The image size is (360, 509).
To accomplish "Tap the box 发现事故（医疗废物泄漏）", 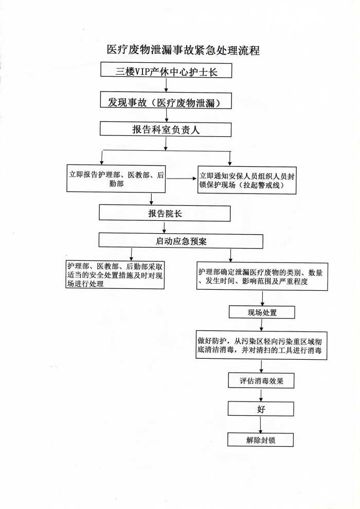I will [x=166, y=101].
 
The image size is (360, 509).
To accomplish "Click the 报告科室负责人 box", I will [x=166, y=129].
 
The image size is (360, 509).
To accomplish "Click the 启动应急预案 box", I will [x=181, y=241].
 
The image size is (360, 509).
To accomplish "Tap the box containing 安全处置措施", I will [x=115, y=274].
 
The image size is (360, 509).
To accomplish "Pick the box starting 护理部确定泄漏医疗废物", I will [x=262, y=276].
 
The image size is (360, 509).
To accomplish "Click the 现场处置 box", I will [x=262, y=312].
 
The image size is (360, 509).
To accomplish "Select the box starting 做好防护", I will [x=261, y=345].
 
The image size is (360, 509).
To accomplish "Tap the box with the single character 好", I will [x=261, y=409].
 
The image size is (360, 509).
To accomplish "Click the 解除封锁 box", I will [x=261, y=440].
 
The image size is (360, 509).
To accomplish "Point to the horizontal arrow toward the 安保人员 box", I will [x=182, y=179].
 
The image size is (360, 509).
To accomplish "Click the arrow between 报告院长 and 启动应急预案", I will [x=165, y=227].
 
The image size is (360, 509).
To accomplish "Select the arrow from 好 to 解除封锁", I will [x=261, y=424].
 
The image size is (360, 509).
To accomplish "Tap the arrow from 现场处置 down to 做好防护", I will [x=262, y=325].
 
